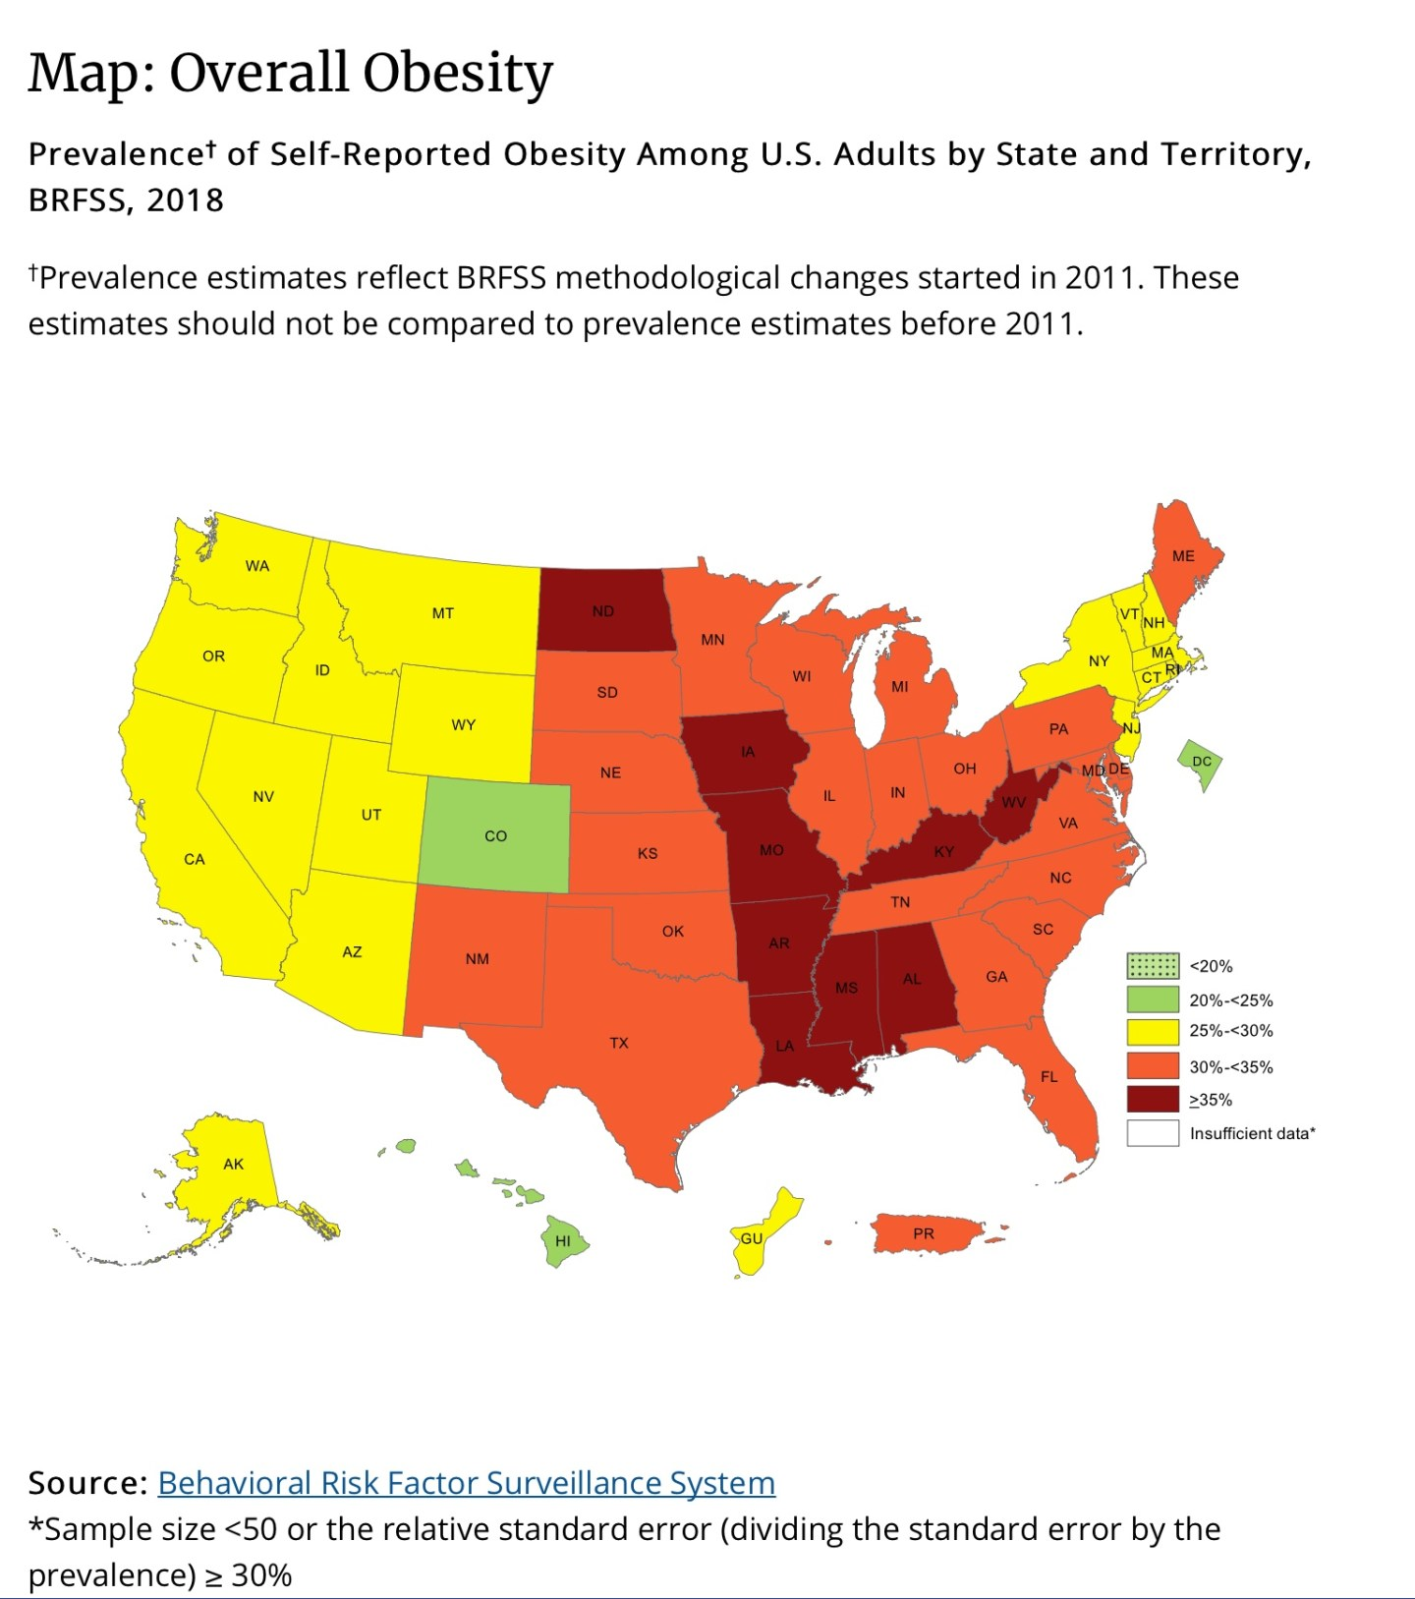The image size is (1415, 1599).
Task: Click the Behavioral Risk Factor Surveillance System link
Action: click(466, 1482)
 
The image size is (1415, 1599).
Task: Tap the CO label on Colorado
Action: click(495, 836)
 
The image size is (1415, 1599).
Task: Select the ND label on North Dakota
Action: click(603, 611)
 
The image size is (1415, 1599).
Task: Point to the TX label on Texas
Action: click(618, 1043)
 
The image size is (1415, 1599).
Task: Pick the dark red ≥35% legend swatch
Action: click(1152, 1100)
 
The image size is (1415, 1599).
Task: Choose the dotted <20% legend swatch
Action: click(1152, 966)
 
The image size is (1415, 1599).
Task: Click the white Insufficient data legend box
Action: click(1152, 1133)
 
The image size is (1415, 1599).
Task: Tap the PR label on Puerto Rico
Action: click(924, 1233)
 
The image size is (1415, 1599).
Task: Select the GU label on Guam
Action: click(752, 1238)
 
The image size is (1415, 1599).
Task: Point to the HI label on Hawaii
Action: click(563, 1241)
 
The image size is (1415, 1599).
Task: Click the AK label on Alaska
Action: click(233, 1164)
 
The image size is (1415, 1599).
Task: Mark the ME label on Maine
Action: click(1183, 556)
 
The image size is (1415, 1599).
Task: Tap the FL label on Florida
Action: click(1049, 1077)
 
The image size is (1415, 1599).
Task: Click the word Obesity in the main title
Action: click(457, 74)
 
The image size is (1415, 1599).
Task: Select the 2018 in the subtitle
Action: click(185, 200)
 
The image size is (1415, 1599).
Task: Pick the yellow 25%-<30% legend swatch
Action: click(1152, 1031)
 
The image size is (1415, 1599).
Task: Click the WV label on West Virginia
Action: click(1014, 802)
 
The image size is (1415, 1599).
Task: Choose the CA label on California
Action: click(195, 860)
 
